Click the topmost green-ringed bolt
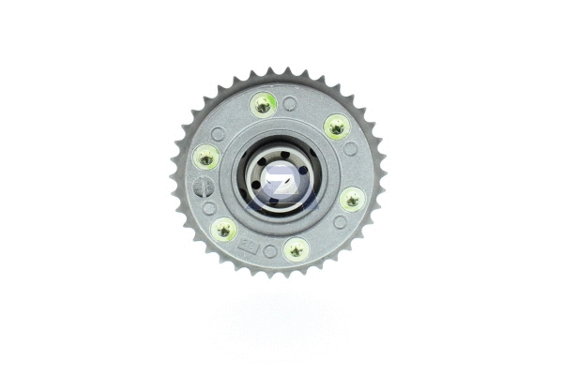click(x=263, y=105)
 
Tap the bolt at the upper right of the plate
click(x=335, y=126)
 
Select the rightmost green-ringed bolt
click(x=352, y=198)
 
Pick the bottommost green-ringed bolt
click(x=296, y=248)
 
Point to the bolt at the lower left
click(x=223, y=228)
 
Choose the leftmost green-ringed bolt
click(x=205, y=157)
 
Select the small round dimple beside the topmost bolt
click(x=290, y=102)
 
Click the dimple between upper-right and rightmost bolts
click(x=350, y=149)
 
